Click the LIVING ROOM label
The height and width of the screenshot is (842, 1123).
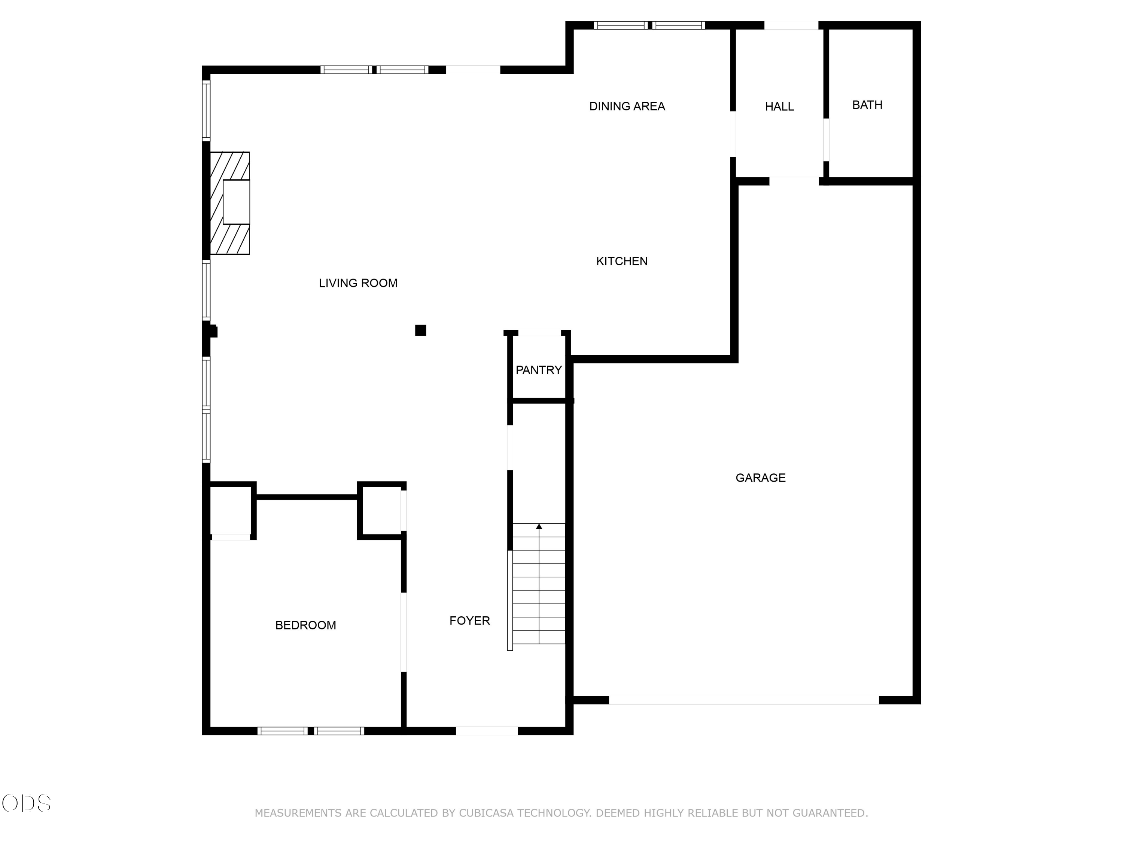358,283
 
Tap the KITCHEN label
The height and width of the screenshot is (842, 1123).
622,261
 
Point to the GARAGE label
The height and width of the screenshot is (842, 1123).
761,478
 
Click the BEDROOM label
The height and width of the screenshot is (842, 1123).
305,625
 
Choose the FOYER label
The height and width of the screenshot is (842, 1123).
470,621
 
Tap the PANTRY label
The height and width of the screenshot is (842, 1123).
539,370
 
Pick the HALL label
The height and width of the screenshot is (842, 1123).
779,107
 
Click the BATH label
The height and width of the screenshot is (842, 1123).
867,105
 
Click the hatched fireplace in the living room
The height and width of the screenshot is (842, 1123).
230,203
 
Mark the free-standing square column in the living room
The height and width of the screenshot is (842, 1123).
420,330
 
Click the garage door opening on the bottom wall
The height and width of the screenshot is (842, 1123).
744,700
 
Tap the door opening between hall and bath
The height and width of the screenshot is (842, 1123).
826,140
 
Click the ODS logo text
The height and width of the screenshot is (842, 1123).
27,803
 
